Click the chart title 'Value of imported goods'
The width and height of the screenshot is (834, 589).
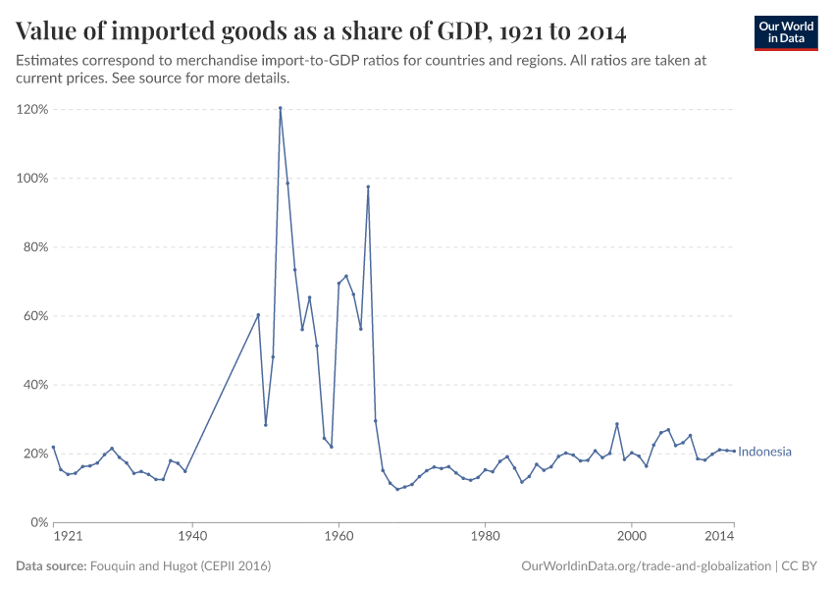321,31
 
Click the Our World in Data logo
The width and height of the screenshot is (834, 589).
785,32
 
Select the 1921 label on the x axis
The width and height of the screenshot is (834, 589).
67,537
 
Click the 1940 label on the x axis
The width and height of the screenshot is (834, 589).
192,537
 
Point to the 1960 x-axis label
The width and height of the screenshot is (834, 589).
339,537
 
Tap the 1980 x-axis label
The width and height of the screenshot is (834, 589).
485,537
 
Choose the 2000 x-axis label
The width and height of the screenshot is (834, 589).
631,537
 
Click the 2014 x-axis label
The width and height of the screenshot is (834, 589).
720,537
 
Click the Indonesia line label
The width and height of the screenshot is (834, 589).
764,452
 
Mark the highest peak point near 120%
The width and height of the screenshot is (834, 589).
280,108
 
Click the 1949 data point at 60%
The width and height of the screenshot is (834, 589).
258,315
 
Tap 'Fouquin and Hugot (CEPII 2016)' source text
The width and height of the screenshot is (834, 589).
181,566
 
